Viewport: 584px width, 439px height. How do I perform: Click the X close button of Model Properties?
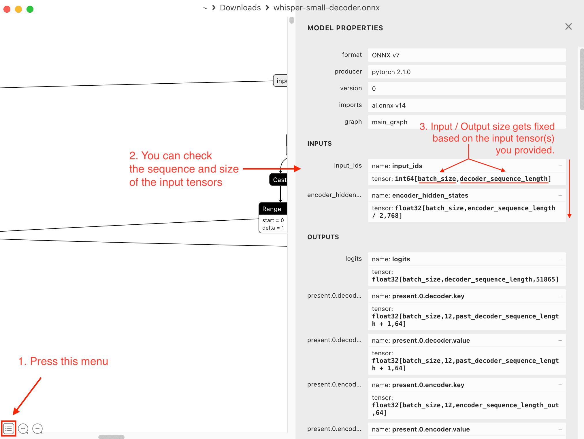(x=568, y=27)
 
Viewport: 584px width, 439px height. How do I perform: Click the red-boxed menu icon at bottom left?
(x=9, y=429)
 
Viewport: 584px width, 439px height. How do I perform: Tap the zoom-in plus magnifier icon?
(x=23, y=429)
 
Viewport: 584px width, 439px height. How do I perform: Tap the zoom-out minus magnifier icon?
(x=37, y=429)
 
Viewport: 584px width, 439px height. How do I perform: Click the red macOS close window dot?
(x=7, y=9)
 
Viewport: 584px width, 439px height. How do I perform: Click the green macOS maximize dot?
(x=30, y=9)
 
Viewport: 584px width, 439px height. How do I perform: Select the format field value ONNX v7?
(x=385, y=55)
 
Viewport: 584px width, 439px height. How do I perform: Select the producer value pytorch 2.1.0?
(x=391, y=72)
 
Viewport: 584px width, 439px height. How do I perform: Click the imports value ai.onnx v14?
(x=389, y=105)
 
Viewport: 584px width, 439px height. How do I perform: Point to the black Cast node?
(x=279, y=180)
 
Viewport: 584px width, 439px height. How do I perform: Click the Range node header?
(x=272, y=209)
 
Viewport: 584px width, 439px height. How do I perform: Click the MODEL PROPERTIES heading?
(x=345, y=28)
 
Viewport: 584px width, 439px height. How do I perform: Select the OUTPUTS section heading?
(x=323, y=237)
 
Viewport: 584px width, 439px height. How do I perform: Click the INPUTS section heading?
(x=319, y=144)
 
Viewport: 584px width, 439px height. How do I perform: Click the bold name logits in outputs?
(x=401, y=259)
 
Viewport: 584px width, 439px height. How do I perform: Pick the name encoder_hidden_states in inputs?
(x=430, y=195)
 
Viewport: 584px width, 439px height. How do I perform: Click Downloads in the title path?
(x=240, y=8)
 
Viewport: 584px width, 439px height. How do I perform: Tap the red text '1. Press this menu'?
(x=63, y=361)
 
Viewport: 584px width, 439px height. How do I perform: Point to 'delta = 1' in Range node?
(x=273, y=228)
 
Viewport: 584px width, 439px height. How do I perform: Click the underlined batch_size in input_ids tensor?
(x=437, y=179)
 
